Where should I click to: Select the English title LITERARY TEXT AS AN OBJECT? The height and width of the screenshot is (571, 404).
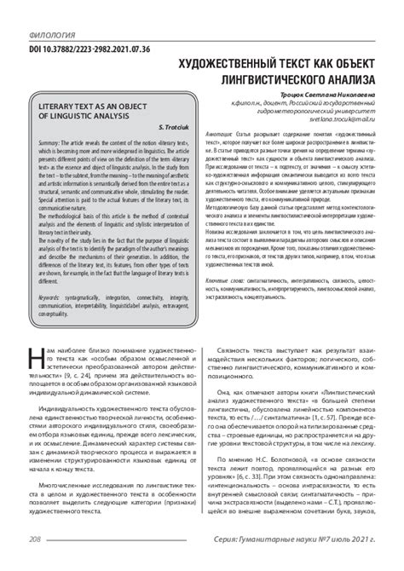tap(84, 122)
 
